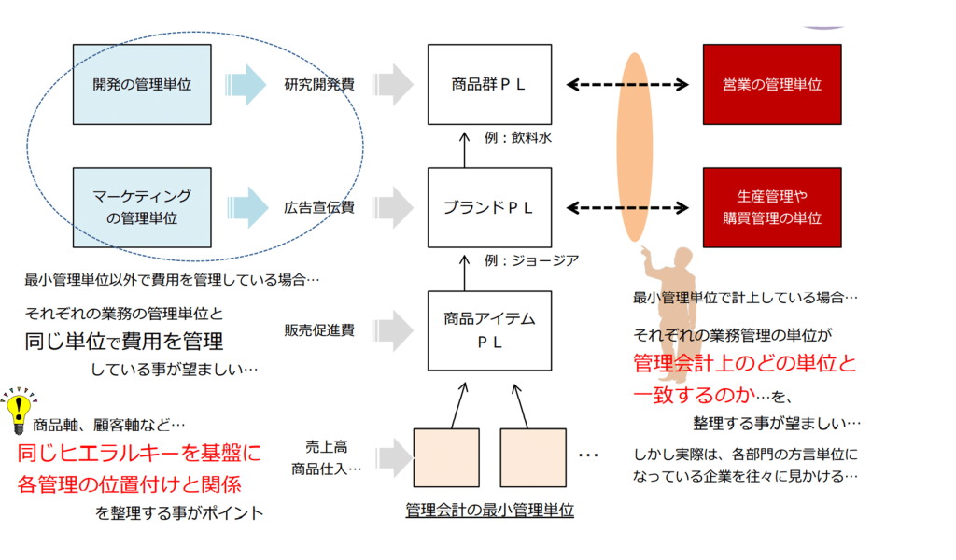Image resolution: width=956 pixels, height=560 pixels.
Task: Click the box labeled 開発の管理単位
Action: pos(142,85)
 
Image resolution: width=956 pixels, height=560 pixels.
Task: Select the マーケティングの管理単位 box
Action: pos(142,208)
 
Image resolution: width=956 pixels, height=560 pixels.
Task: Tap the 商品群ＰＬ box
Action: pos(489,85)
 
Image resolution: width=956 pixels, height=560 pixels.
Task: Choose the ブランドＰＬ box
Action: pos(489,208)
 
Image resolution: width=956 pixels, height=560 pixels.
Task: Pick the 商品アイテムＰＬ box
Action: pos(489,331)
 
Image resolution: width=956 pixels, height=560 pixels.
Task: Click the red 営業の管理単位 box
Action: pos(772,85)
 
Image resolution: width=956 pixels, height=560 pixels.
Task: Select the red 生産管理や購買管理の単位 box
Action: pos(772,208)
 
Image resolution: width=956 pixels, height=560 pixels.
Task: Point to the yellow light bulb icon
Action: pos(19,410)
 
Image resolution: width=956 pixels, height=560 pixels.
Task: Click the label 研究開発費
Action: pos(319,85)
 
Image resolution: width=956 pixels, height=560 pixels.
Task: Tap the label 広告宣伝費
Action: pos(319,208)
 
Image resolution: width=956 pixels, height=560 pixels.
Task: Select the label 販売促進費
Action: pos(319,330)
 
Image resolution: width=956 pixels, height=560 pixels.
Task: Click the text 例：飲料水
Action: pos(517,138)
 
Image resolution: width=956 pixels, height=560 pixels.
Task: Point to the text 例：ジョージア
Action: pos(531,260)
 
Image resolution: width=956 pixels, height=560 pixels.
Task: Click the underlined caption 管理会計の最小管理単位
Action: pos(489,510)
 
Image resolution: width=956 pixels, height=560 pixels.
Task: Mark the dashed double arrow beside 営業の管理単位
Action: pos(627,85)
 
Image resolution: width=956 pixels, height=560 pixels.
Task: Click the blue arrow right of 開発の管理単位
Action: pos(246,85)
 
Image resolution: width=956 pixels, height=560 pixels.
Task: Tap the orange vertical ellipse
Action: pos(634,147)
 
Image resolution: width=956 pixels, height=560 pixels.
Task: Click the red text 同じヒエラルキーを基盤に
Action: pos(139,453)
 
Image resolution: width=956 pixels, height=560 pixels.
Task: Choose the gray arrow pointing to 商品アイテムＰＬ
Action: pos(393,331)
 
